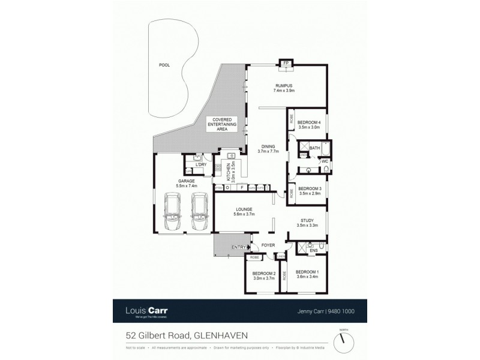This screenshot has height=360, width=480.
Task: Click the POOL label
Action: (x=164, y=65)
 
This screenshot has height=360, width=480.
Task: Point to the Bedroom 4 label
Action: (x=310, y=125)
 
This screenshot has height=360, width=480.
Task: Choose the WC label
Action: (x=324, y=161)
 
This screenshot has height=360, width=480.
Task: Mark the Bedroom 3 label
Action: (x=310, y=191)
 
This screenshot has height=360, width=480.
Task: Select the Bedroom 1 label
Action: (x=308, y=274)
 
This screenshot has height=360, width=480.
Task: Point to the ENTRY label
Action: (x=239, y=247)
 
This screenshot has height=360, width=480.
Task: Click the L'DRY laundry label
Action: (x=202, y=164)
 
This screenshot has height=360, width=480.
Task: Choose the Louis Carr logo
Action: (x=146, y=311)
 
